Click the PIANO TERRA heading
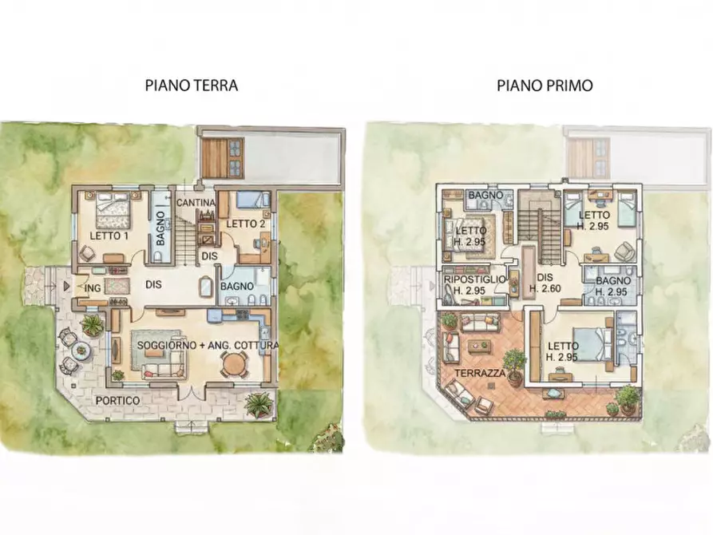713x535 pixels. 191,85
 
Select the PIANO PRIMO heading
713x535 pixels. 545,85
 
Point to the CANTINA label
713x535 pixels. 196,204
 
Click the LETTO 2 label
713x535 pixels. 245,224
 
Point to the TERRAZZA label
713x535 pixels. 478,374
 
